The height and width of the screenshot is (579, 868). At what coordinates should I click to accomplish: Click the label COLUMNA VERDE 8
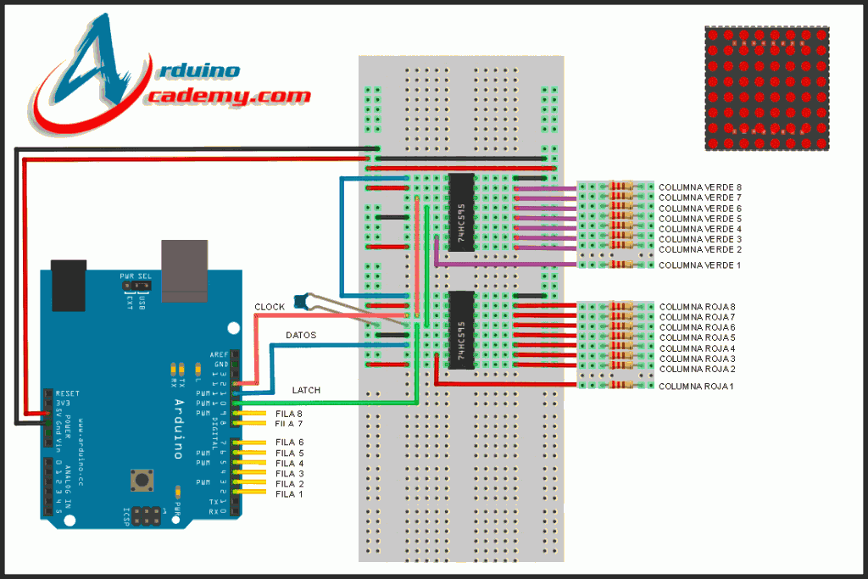[699, 187]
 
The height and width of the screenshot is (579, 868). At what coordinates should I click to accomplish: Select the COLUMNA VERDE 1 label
[699, 265]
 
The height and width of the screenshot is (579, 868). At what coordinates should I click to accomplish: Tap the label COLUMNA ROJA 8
[697, 307]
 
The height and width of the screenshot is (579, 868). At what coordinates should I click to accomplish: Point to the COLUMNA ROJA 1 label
[697, 386]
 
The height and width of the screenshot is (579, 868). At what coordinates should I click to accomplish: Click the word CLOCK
[270, 306]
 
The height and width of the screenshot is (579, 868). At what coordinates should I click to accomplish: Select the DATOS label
[300, 336]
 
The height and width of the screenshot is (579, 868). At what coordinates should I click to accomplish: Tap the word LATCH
[306, 390]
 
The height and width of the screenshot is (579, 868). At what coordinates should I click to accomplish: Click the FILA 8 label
[289, 413]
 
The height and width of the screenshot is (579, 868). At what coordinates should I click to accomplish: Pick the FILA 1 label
[289, 493]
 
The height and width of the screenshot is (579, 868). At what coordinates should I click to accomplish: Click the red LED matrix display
[767, 88]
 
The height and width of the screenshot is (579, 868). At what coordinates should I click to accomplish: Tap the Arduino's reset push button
[139, 482]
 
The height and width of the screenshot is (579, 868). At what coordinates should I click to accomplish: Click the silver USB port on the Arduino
[185, 270]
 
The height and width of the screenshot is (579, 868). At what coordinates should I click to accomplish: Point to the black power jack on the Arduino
[69, 286]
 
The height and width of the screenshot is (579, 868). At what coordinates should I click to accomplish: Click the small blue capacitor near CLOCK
[298, 299]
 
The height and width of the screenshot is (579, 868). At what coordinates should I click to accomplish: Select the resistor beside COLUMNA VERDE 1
[622, 265]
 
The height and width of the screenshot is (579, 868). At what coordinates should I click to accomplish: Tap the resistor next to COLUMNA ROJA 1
[622, 386]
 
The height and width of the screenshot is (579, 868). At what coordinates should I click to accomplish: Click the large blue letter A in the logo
[95, 64]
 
